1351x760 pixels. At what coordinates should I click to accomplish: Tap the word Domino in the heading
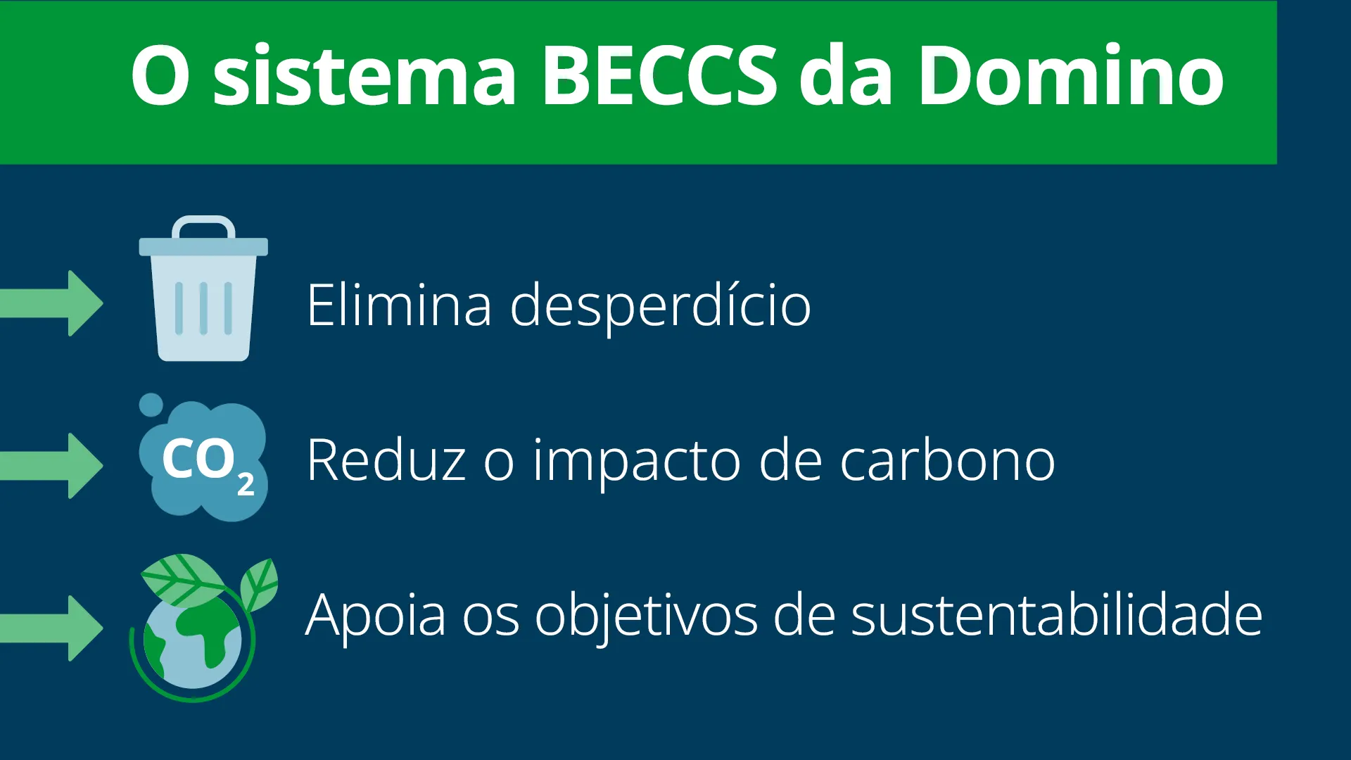tap(1071, 74)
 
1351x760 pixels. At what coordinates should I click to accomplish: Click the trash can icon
tap(203, 289)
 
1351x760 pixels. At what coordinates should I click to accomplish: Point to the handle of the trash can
tap(203, 226)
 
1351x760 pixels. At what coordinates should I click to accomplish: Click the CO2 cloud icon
tap(203, 458)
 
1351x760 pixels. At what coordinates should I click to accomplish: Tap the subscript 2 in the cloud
tap(246, 485)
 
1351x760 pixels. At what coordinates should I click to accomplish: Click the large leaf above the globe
tap(183, 579)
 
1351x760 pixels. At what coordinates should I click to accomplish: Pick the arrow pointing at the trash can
tap(51, 303)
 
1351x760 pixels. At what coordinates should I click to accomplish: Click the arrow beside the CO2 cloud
tap(51, 465)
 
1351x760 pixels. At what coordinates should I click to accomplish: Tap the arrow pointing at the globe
tap(51, 628)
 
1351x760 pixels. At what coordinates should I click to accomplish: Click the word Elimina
tap(399, 305)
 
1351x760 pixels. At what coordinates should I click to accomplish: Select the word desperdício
tap(661, 307)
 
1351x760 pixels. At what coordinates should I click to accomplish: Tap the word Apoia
tap(376, 616)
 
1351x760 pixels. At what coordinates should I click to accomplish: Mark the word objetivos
tap(646, 616)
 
